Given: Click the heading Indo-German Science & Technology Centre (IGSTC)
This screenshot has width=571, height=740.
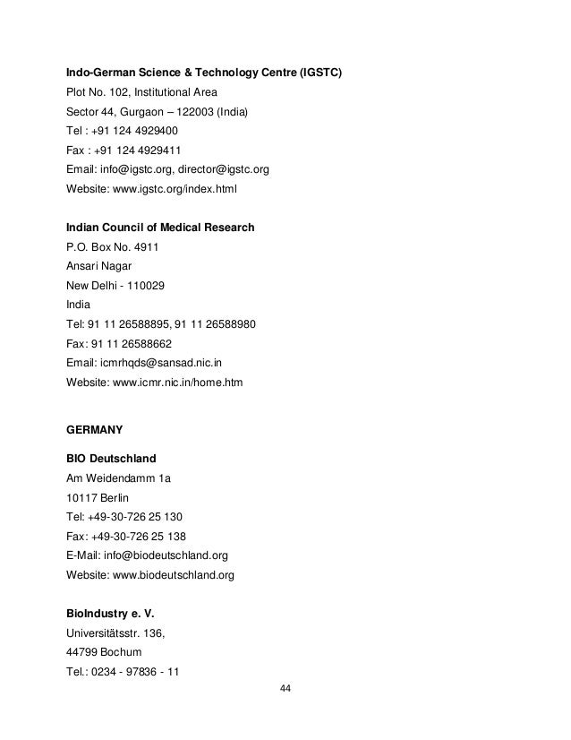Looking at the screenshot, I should [x=205, y=72].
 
